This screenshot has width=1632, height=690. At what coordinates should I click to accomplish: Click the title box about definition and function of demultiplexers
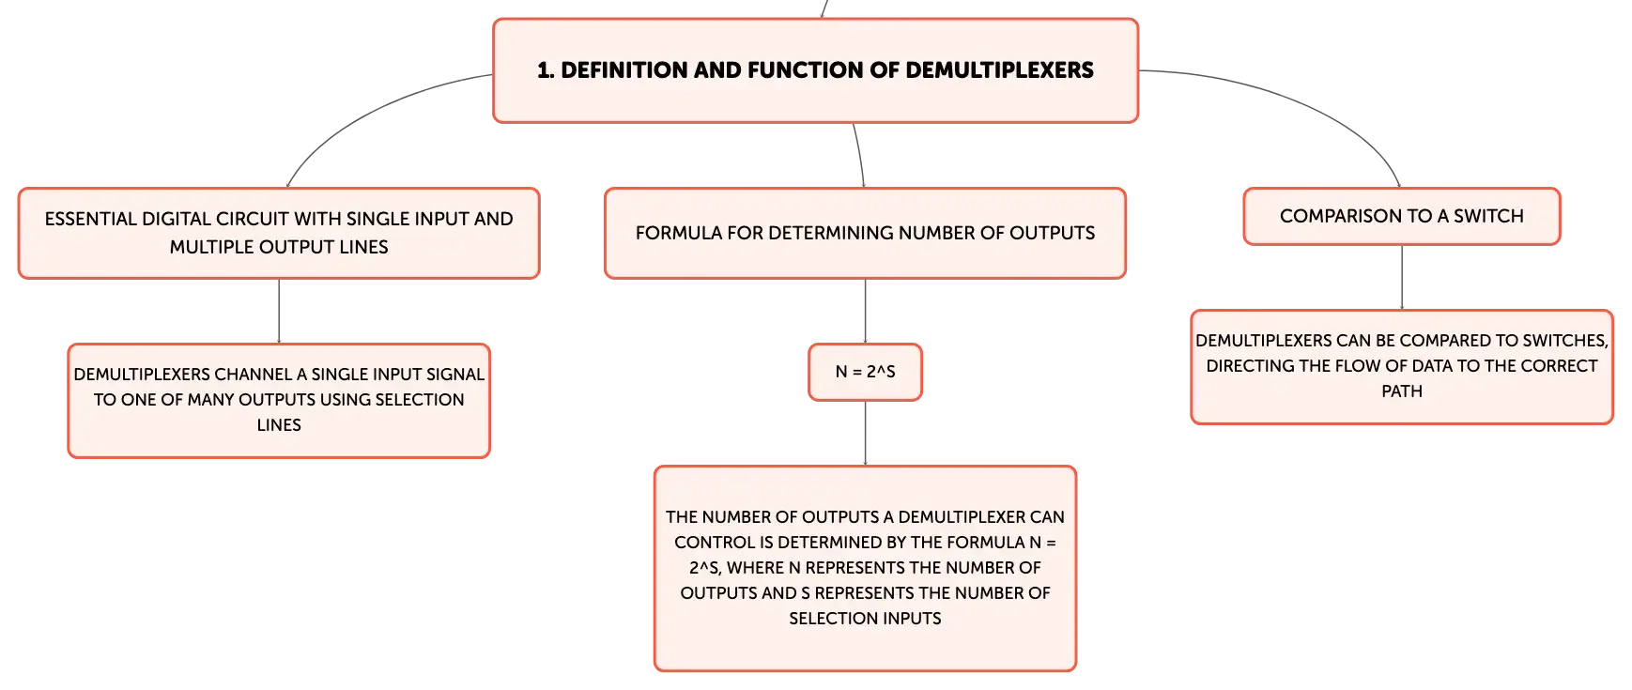click(x=815, y=70)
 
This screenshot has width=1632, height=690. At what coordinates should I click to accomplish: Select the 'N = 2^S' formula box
click(x=865, y=372)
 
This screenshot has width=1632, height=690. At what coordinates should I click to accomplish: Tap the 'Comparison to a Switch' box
click(x=1402, y=216)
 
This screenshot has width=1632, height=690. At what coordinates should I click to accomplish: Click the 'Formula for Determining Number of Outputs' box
click(x=865, y=233)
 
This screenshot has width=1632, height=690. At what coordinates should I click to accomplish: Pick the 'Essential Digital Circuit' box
click(x=279, y=233)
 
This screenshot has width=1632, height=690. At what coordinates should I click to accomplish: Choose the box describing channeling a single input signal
click(x=279, y=401)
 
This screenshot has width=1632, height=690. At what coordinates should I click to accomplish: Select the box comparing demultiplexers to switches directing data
click(x=1402, y=367)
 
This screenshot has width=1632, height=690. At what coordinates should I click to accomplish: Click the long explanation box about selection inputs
click(x=865, y=568)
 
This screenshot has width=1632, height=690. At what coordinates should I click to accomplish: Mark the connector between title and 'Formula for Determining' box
click(x=860, y=155)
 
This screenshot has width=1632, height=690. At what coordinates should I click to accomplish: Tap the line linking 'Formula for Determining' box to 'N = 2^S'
click(x=865, y=311)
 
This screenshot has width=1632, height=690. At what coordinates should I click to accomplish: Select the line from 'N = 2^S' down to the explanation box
click(x=865, y=433)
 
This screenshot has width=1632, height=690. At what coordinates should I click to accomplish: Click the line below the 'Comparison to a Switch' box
click(x=1402, y=277)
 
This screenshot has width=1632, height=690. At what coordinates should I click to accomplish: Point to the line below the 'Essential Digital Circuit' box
click(x=279, y=311)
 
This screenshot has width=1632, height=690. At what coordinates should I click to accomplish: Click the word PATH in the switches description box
click(x=1402, y=391)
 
